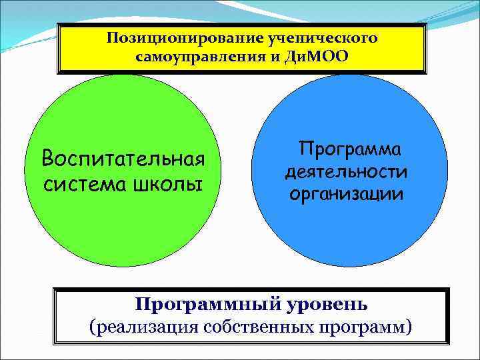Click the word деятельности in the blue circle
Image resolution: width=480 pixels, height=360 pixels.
[345, 171]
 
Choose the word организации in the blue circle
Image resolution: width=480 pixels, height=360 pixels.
[345, 195]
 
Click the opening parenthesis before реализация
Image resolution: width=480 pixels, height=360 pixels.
[92, 327]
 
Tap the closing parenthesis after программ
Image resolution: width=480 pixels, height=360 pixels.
[409, 327]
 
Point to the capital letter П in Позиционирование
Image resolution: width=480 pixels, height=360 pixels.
[110, 38]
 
